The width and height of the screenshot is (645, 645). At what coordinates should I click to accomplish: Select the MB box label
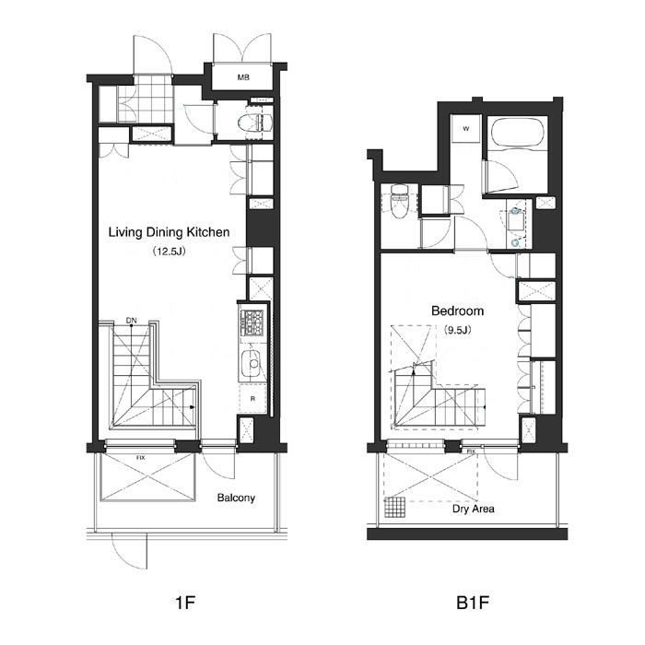(x=243, y=77)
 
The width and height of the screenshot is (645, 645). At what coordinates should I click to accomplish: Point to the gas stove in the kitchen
(x=252, y=323)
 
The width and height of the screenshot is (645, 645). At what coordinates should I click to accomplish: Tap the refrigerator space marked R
(x=252, y=398)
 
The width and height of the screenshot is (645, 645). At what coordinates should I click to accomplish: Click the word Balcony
(x=236, y=498)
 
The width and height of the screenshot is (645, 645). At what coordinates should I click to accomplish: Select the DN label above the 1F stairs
(x=131, y=321)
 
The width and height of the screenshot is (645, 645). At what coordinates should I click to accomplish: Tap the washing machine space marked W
(x=466, y=128)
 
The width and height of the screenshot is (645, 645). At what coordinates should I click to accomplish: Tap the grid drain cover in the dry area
(x=394, y=508)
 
